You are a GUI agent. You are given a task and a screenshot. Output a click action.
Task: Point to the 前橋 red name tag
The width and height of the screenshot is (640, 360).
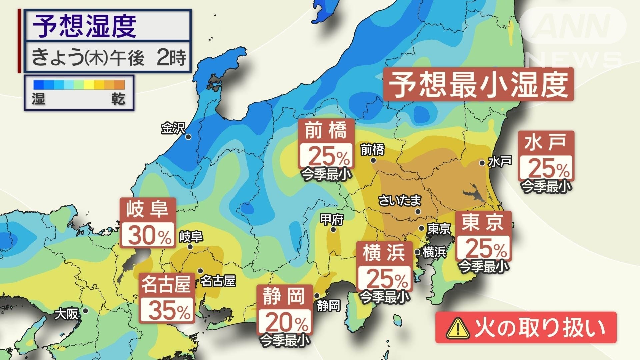pyautogui.click(x=326, y=130)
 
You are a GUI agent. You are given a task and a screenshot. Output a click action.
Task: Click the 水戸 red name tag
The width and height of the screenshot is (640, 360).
pyautogui.click(x=545, y=142)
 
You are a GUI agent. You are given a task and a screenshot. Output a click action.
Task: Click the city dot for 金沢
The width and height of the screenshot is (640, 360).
pyautogui.click(x=188, y=137)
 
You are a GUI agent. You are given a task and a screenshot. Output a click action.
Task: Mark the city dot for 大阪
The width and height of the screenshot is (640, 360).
pyautogui.click(x=85, y=311)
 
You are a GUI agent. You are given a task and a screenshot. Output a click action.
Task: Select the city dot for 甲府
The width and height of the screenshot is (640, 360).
pyautogui.click(x=333, y=230)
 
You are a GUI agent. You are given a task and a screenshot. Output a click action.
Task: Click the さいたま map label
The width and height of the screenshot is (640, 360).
pyautogui.click(x=400, y=200)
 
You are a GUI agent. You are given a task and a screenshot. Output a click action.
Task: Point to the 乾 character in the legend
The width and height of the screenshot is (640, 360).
pyautogui.click(x=118, y=99)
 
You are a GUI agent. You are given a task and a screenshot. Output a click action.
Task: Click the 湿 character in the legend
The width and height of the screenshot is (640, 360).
pyautogui.click(x=39, y=99)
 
